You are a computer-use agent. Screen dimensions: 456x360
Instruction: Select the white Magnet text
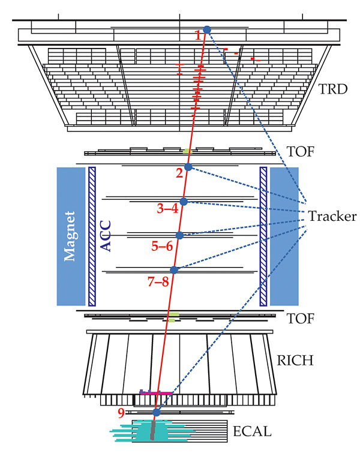click(70, 236)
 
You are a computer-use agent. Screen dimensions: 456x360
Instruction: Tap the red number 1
click(198, 36)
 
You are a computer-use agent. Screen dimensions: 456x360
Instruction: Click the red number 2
click(178, 174)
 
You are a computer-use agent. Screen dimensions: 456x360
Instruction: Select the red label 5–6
click(162, 245)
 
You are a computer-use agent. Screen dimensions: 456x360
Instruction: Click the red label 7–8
click(158, 281)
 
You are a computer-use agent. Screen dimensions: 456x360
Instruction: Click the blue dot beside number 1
click(207, 29)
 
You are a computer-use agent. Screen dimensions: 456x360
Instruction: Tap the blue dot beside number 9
click(157, 412)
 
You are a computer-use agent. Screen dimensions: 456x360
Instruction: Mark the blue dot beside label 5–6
click(179, 235)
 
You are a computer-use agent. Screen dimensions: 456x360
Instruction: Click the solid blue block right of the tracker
click(284, 236)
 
